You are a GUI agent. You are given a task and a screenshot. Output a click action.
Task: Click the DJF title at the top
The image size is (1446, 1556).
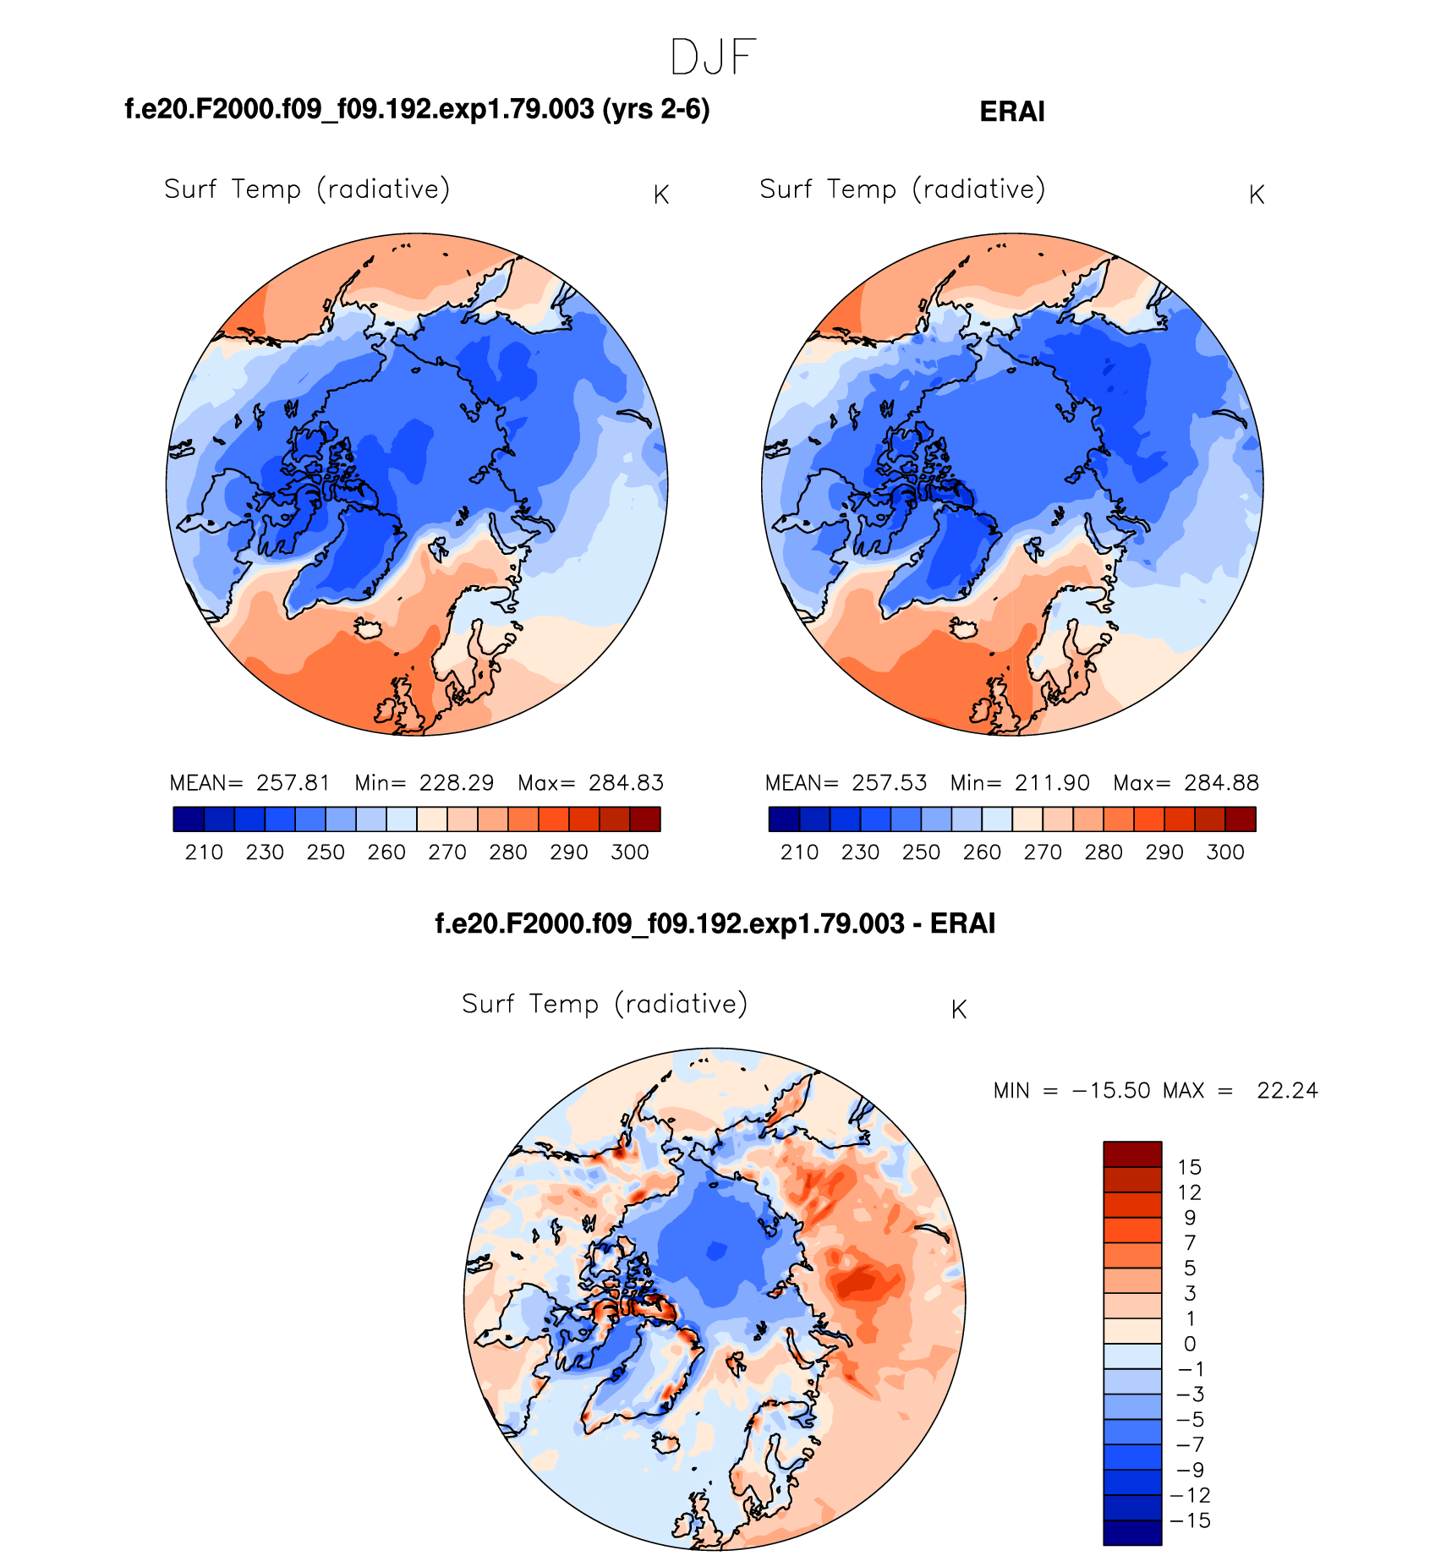click(713, 58)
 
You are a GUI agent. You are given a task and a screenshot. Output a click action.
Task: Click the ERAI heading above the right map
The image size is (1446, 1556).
click(1011, 112)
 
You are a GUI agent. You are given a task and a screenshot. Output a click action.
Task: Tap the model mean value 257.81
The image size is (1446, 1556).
click(293, 783)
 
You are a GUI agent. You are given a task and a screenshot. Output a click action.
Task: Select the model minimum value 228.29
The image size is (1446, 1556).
click(456, 783)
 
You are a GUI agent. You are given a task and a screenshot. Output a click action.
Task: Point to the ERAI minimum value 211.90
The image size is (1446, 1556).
click(1052, 783)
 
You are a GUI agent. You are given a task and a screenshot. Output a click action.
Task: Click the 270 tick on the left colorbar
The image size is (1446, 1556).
click(447, 852)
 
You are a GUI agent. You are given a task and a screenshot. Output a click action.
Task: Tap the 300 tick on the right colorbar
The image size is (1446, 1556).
click(1225, 852)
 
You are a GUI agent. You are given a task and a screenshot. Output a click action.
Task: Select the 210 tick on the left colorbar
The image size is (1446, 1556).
click(204, 852)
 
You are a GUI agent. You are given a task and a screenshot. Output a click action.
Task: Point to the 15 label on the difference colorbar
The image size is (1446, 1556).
click(1189, 1168)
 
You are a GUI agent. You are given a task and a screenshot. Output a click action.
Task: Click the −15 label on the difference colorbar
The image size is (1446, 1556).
click(1190, 1520)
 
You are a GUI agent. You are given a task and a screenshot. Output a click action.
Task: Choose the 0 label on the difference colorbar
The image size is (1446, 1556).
click(1190, 1344)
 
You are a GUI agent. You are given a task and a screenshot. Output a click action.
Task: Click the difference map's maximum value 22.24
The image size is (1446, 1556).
click(1287, 1091)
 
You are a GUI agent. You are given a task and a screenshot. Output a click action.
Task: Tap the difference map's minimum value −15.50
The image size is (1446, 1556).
click(1110, 1091)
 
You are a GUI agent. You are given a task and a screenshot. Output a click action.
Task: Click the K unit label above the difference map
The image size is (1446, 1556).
click(958, 1010)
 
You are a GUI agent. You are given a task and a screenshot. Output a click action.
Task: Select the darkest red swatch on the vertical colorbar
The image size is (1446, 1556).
click(1132, 1154)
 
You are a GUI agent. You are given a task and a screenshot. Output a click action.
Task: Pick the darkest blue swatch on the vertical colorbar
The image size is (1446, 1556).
click(1132, 1532)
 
